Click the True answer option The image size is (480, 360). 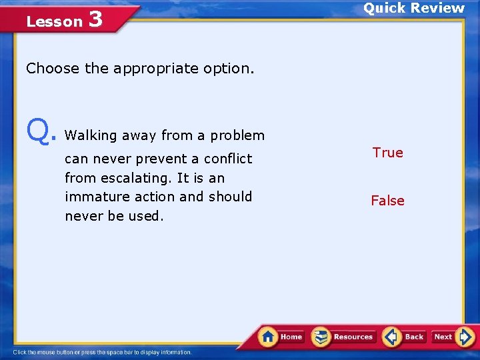pyautogui.click(x=387, y=153)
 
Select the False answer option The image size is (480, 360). pyautogui.click(x=387, y=201)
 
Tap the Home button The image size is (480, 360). pyautogui.click(x=281, y=337)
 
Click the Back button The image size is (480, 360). pyautogui.click(x=405, y=337)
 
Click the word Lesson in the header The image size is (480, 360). pyautogui.click(x=54, y=21)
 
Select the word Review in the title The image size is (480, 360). pyautogui.click(x=437, y=8)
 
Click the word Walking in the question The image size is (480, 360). pyautogui.click(x=91, y=135)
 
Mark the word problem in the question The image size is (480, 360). pyautogui.click(x=237, y=135)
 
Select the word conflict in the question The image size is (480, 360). pyautogui.click(x=228, y=159)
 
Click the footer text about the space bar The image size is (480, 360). pyautogui.click(x=102, y=352)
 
